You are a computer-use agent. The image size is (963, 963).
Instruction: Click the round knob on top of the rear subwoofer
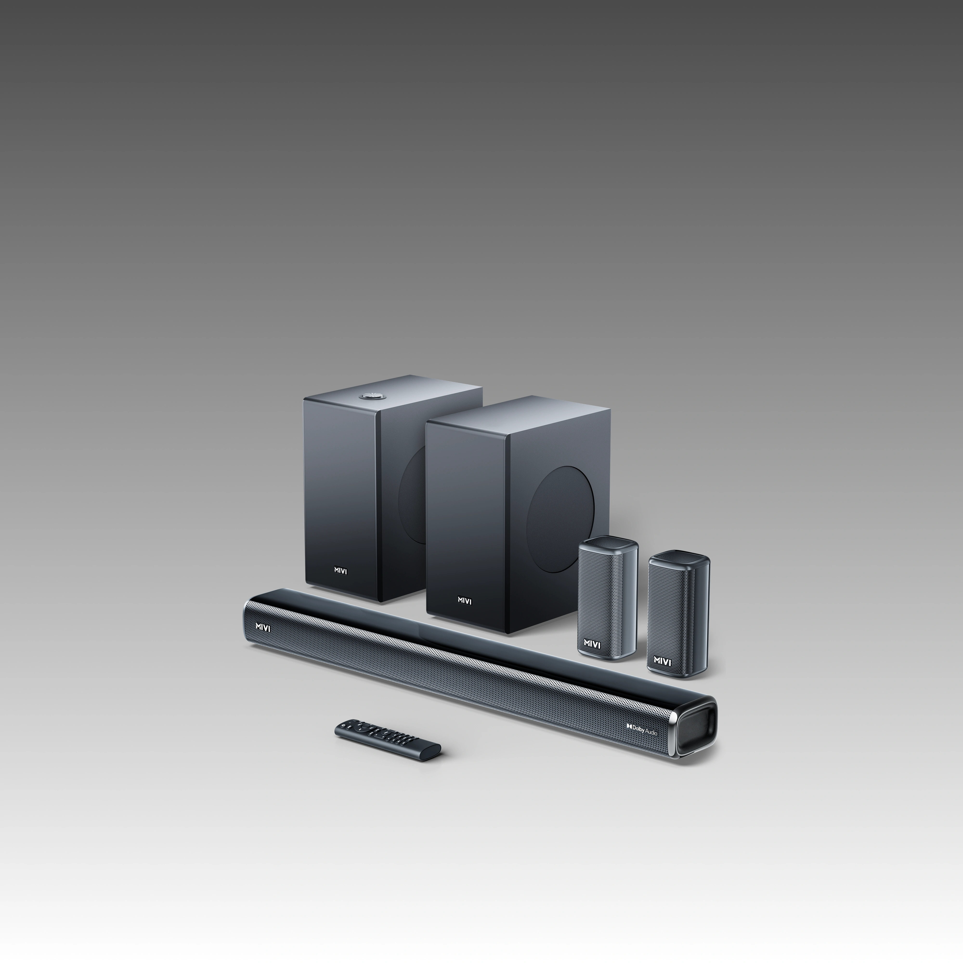pos(370,396)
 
